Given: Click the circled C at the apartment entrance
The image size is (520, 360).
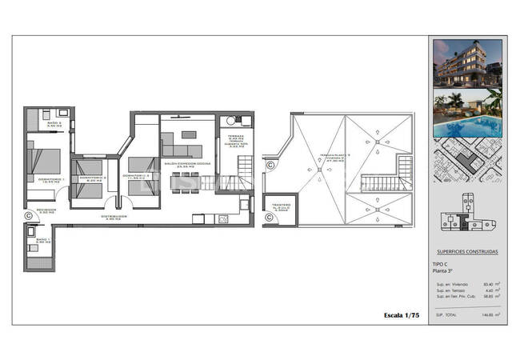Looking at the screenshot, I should [x=29, y=214].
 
